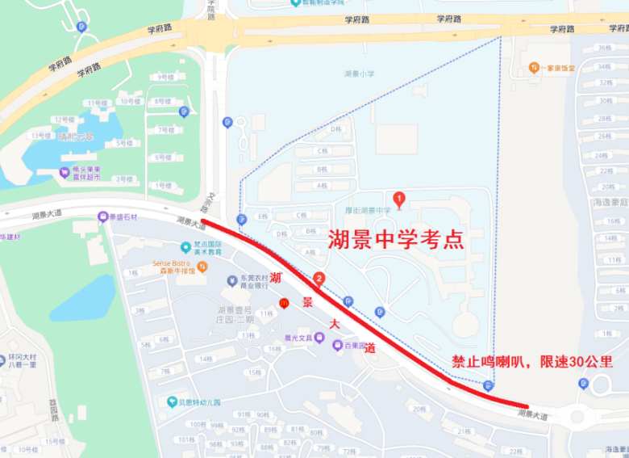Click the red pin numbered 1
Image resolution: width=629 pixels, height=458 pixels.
coord(398,198)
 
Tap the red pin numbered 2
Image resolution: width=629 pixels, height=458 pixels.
coord(319,279)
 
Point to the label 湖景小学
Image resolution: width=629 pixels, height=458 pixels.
coord(359,74)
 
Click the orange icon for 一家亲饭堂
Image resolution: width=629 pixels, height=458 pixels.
coord(534,69)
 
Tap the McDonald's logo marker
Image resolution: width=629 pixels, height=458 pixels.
coord(284,302)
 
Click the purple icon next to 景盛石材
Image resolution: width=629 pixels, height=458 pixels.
coord(102,216)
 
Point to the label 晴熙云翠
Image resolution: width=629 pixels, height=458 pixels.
coord(76,137)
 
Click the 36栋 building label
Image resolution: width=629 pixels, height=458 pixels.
coord(603,47)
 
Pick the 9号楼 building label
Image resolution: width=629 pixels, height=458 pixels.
coord(166,77)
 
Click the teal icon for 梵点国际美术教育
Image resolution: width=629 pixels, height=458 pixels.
coord(185,246)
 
